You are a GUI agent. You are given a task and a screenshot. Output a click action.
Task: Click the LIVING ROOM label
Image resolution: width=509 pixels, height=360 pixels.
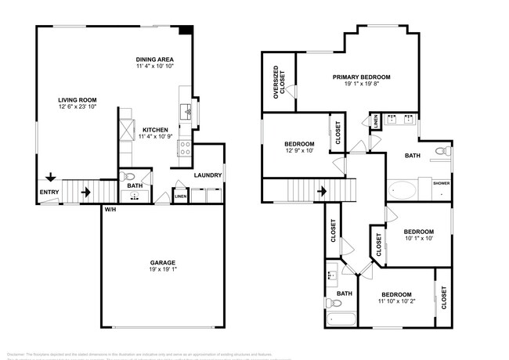tap(76, 99)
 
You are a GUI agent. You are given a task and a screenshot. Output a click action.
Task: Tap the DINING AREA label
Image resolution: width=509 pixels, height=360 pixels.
tap(154, 59)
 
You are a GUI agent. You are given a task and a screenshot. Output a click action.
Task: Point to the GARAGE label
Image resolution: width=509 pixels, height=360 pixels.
tap(163, 263)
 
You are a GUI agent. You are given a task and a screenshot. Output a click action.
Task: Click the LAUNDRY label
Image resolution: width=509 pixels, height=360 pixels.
tap(208, 175)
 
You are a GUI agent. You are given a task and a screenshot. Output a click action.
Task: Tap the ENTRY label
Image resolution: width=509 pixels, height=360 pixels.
tap(48, 192)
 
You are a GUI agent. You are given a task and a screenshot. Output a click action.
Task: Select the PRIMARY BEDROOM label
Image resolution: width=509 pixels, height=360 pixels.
tap(361, 77)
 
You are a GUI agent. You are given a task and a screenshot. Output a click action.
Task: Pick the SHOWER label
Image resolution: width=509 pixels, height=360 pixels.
tap(441, 183)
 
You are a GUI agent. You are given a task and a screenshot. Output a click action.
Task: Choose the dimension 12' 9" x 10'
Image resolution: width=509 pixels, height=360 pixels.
tap(299, 150)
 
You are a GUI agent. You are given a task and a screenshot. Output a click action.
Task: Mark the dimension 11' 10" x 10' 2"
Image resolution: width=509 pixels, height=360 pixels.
tap(396, 301)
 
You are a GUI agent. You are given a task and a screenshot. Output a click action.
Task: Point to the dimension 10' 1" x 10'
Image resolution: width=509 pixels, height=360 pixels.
tap(418, 239)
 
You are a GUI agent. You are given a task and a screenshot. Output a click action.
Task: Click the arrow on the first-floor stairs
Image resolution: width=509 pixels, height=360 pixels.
tap(85, 190)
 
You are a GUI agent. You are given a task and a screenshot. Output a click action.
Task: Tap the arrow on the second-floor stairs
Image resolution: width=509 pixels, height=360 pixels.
tap(321, 190)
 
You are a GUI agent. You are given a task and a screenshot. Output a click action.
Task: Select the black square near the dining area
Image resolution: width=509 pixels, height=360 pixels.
tap(184, 31)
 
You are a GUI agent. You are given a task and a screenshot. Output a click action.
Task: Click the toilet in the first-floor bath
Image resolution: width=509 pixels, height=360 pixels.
tap(130, 176)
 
